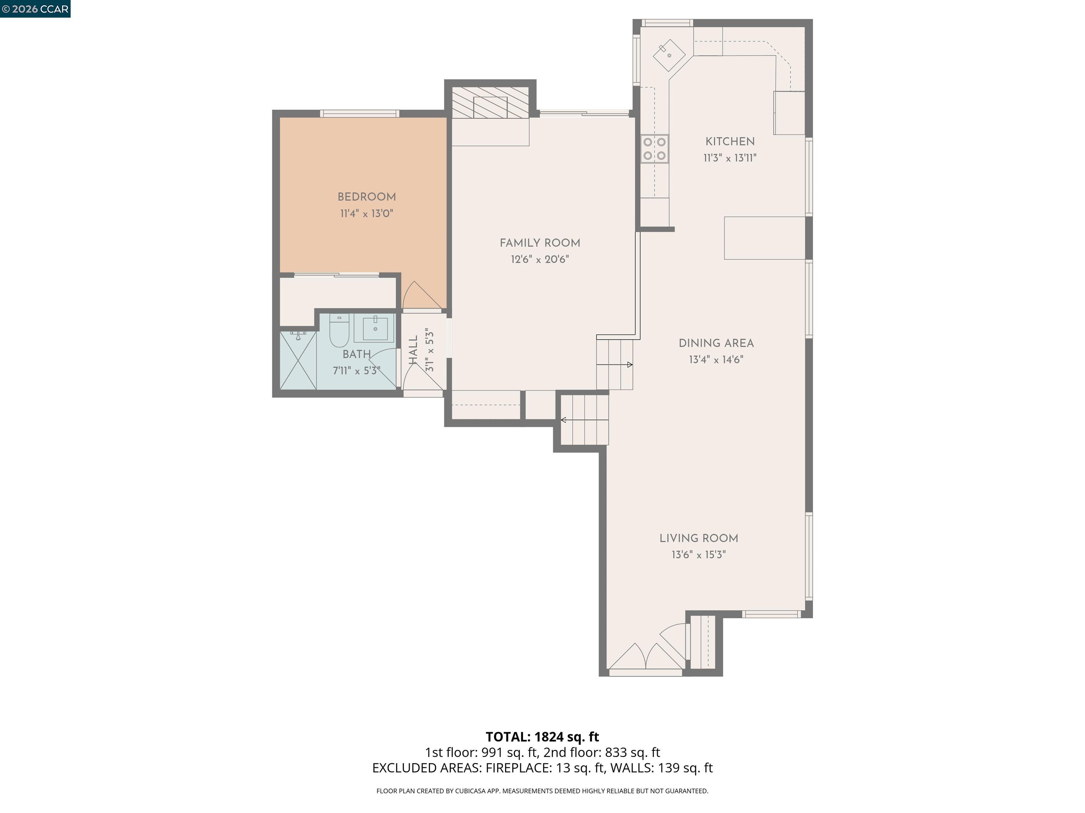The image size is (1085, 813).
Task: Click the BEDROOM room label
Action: point(366,197)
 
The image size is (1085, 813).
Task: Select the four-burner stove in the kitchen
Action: point(654,149)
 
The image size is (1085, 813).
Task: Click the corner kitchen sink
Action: point(669,55)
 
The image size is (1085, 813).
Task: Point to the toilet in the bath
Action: point(338,331)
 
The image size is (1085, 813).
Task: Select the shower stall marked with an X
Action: point(298,361)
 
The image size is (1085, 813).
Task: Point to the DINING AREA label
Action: point(716,343)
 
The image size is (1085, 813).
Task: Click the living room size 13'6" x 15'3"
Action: point(699,554)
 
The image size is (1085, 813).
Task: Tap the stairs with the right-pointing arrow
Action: point(615,365)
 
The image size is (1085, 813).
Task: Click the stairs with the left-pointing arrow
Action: point(584,420)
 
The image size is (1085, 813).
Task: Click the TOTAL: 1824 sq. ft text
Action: point(542,736)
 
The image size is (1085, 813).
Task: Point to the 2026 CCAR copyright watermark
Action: point(35,9)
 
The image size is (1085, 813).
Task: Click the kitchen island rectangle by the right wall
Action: point(764,238)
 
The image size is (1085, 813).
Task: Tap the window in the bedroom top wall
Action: point(360,114)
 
